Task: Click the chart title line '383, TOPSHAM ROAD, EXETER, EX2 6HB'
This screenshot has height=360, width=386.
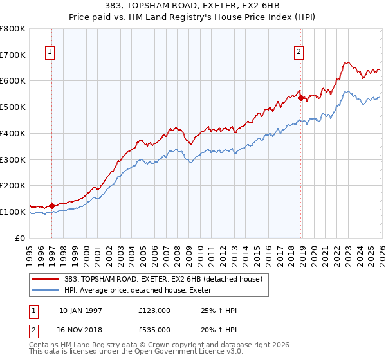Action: [x=193, y=6]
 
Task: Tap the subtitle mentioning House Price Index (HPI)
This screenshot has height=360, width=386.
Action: [x=193, y=17]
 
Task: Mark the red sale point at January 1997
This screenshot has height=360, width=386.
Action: [x=52, y=206]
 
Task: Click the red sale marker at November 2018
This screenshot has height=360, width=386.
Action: [x=300, y=98]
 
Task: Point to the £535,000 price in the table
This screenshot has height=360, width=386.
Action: [x=154, y=329]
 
